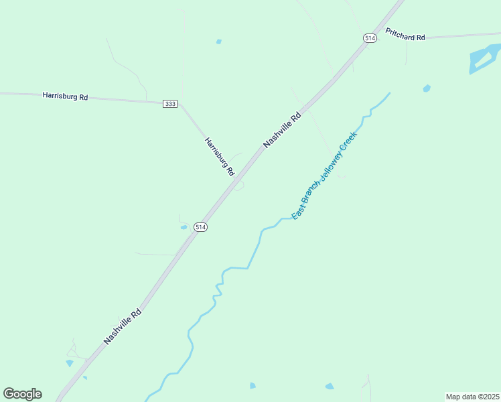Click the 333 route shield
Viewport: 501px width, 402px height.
[170, 104]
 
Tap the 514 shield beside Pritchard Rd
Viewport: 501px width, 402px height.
[370, 39]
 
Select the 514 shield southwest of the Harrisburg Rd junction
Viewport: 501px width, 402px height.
[200, 227]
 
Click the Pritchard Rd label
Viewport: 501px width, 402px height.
[405, 34]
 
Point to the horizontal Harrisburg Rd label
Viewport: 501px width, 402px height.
[65, 96]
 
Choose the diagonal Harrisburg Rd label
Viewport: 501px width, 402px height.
[220, 157]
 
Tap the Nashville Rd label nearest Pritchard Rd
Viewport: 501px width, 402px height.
[283, 129]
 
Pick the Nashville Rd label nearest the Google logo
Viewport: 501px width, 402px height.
[123, 326]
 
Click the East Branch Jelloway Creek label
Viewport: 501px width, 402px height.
[325, 175]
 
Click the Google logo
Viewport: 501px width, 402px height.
[22, 394]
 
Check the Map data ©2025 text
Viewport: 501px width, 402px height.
[473, 397]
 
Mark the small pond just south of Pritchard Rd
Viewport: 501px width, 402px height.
[427, 88]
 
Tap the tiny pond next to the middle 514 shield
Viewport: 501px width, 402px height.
[184, 227]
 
